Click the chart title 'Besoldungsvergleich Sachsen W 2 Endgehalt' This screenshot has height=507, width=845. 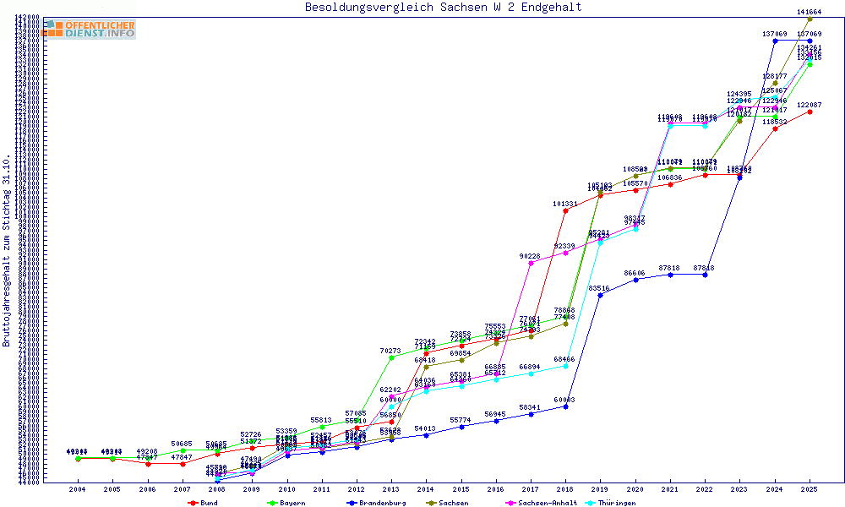443,8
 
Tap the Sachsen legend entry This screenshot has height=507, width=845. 460,503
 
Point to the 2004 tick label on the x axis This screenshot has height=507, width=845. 78,489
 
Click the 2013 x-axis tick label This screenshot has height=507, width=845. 391,489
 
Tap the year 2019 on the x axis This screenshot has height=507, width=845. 600,489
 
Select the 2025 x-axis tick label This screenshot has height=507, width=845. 810,489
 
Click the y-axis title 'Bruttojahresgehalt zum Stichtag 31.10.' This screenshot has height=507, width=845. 8,250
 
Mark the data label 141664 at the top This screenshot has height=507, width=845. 810,12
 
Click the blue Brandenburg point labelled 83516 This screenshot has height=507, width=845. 600,295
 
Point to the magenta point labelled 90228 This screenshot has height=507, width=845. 531,263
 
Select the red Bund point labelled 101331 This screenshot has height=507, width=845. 565,210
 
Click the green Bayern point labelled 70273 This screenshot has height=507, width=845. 391,357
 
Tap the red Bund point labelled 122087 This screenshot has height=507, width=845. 810,111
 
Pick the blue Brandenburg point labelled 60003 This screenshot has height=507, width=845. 565,406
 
